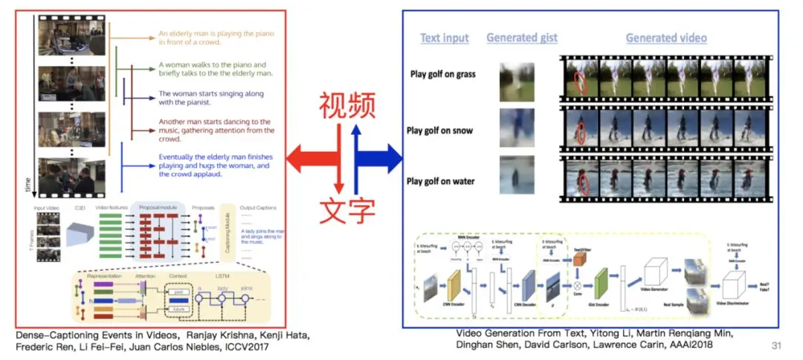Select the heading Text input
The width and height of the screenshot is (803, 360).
point(445,38)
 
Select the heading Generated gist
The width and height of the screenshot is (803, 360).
point(521,38)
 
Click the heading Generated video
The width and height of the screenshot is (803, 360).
point(665,38)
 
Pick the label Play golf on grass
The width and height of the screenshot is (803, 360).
point(443,74)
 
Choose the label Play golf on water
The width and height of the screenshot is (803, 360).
point(442,181)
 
